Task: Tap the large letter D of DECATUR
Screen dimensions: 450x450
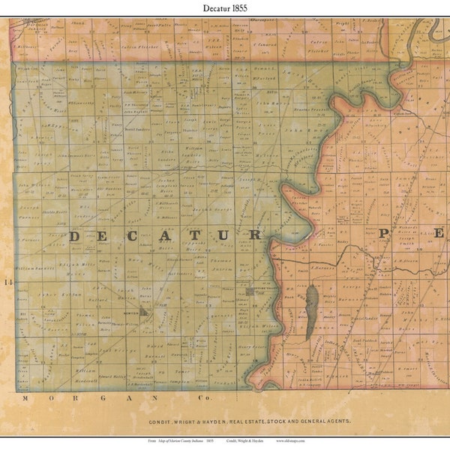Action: [76, 236]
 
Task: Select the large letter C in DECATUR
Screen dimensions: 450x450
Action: [139, 236]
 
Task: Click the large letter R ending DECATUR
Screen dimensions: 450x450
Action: [255, 235]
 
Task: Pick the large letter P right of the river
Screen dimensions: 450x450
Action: [383, 234]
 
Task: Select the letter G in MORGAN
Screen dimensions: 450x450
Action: [88, 398]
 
